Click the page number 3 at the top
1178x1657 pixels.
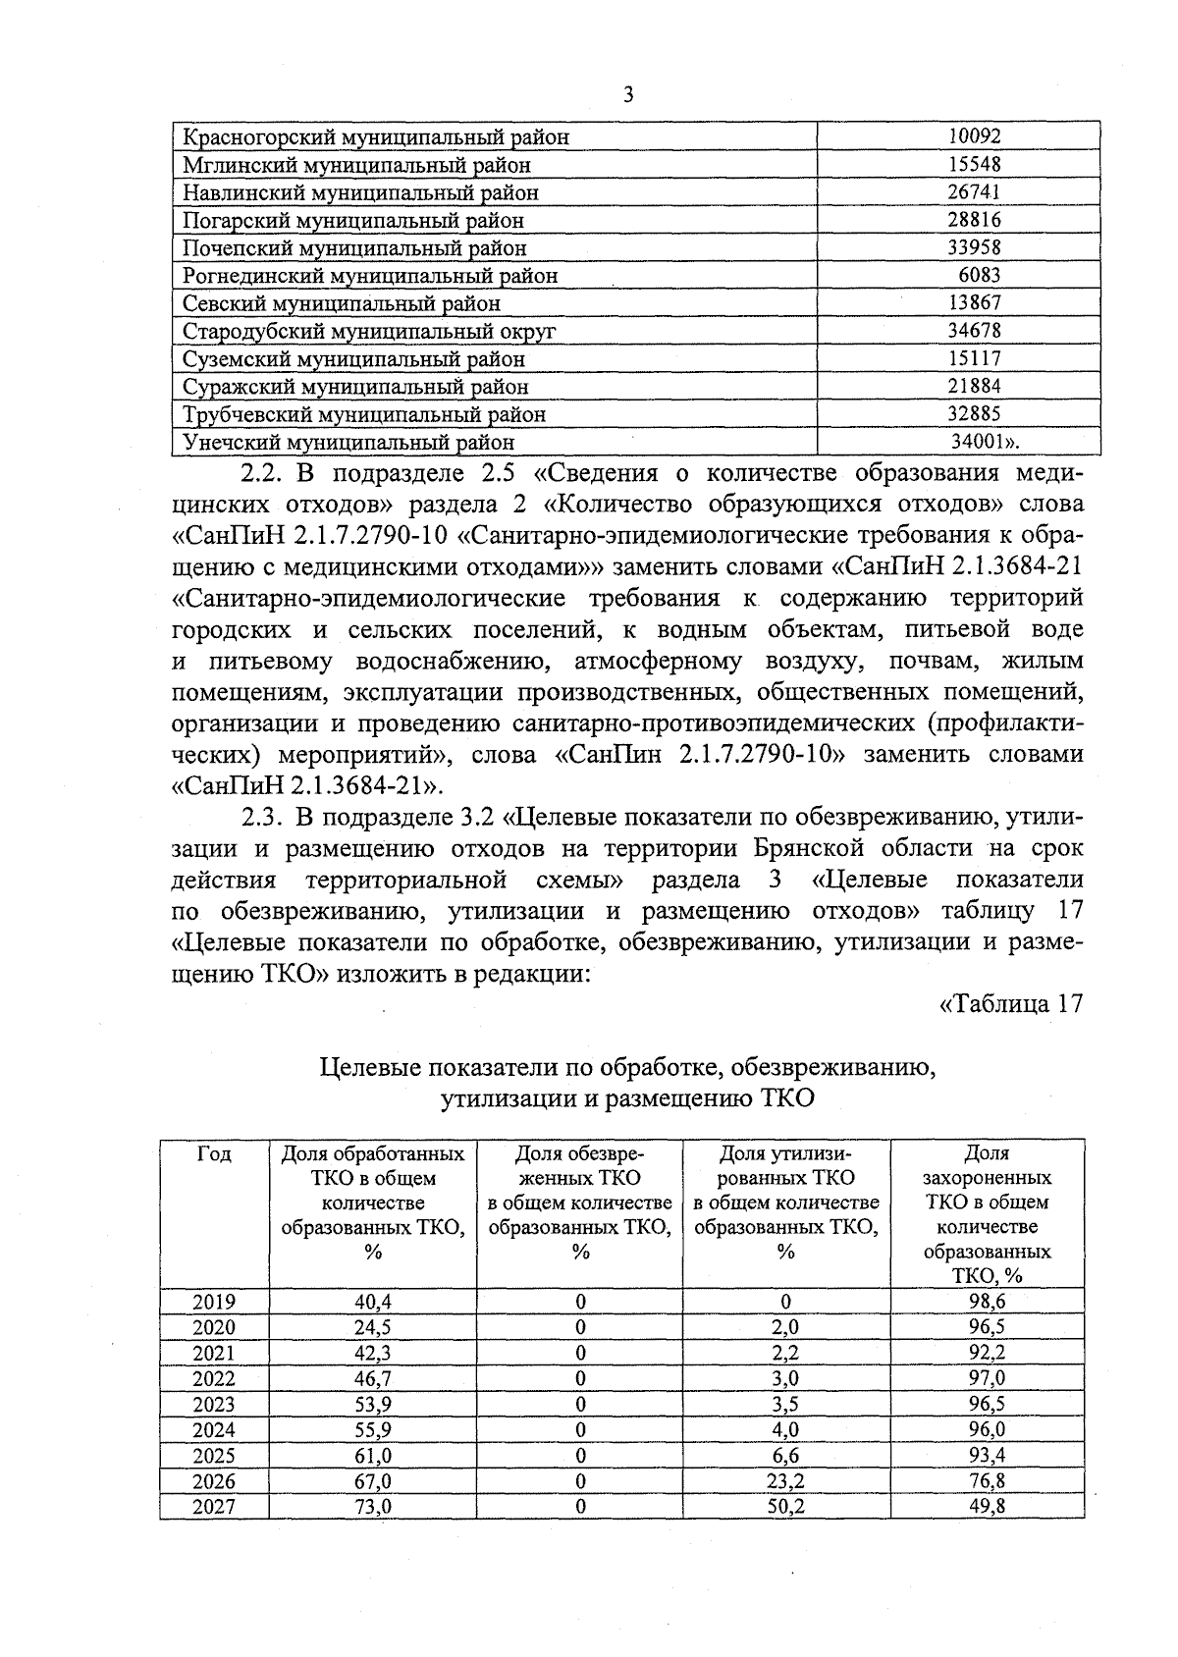[x=629, y=95]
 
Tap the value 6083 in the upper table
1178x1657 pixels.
[x=980, y=276]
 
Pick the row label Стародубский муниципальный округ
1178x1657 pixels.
[x=369, y=332]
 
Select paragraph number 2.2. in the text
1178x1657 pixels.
[x=261, y=473]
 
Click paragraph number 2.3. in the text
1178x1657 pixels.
[x=261, y=817]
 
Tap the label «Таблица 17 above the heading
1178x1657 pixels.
[x=1010, y=1004]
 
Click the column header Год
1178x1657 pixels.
[x=214, y=1154]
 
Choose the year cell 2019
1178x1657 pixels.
[x=214, y=1302]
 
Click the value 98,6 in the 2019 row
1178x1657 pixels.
[x=987, y=1302]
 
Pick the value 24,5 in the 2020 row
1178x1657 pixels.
[x=373, y=1327]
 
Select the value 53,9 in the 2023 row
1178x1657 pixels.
[x=373, y=1404]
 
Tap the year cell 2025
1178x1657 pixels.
[x=214, y=1455]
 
